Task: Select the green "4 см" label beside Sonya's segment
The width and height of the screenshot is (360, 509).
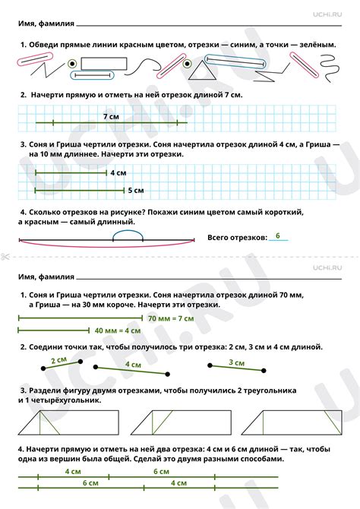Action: click(x=118, y=173)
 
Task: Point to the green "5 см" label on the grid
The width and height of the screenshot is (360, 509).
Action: click(x=136, y=190)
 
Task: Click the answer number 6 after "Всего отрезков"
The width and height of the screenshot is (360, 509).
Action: click(x=278, y=236)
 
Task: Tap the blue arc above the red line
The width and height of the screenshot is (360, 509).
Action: click(x=128, y=235)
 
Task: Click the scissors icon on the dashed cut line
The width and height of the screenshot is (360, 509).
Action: click(x=5, y=256)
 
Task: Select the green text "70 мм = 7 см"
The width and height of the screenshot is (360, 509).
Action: click(x=171, y=318)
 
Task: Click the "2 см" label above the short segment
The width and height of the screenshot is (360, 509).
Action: click(x=58, y=360)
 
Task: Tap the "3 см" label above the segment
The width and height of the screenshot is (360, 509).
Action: click(x=235, y=362)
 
